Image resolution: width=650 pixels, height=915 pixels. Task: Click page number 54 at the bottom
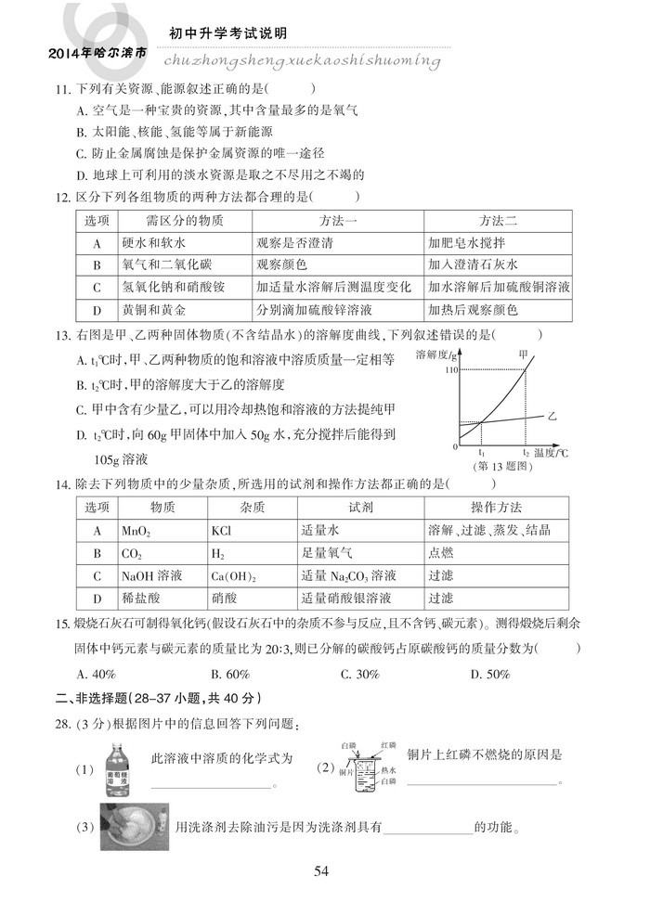[x=322, y=870]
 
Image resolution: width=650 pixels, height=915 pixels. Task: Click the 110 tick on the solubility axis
[x=453, y=371]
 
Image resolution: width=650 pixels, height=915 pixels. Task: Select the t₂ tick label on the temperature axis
[x=526, y=452]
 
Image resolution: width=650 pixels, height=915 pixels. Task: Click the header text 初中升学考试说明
[x=228, y=33]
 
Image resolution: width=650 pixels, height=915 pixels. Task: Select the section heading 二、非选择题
[x=99, y=698]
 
